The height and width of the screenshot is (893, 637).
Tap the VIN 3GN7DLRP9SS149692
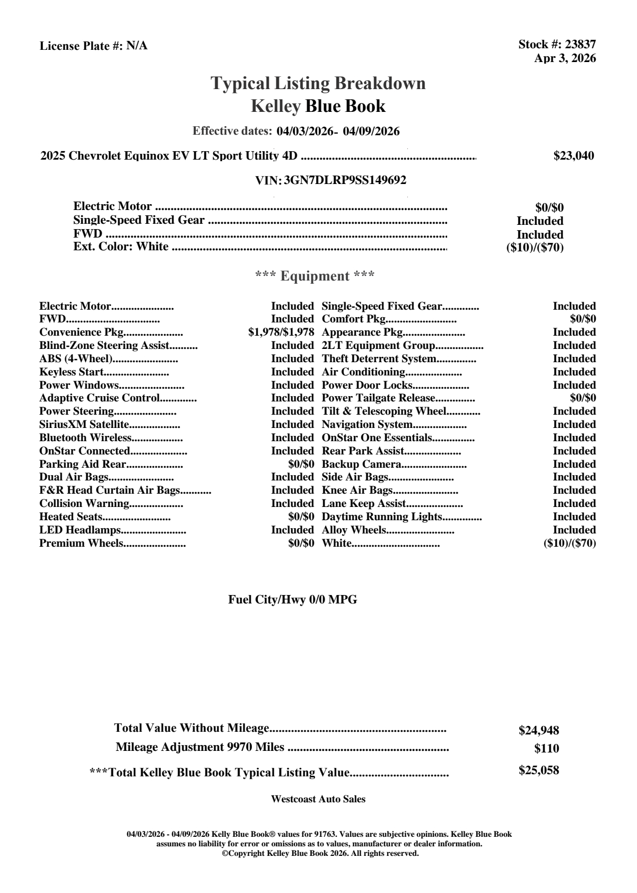pos(345,180)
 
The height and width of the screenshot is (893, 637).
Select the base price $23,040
pos(573,156)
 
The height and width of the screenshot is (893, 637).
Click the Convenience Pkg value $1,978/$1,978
pos(281,332)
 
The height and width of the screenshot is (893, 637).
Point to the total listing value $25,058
pos(538,771)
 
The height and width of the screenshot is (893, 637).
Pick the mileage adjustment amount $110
pos(546,749)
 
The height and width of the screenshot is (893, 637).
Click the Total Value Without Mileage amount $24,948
pos(538,731)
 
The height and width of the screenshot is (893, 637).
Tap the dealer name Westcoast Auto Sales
pos(318,799)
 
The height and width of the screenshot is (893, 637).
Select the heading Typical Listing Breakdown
pos(318,83)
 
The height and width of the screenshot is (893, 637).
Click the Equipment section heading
pos(315,276)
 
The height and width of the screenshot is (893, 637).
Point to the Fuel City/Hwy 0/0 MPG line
pos(292,600)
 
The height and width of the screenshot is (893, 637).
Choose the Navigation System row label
pos(367,425)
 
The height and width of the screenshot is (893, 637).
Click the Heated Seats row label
pos(71,517)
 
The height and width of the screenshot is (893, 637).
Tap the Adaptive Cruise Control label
pos(99,398)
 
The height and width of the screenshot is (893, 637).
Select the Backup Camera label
pos(361,465)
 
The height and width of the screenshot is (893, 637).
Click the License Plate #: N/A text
pos(93,46)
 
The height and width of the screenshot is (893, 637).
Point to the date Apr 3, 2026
pos(564,58)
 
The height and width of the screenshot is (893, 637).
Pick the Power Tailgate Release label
pos(378,398)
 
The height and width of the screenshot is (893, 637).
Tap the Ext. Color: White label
pos(121,247)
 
